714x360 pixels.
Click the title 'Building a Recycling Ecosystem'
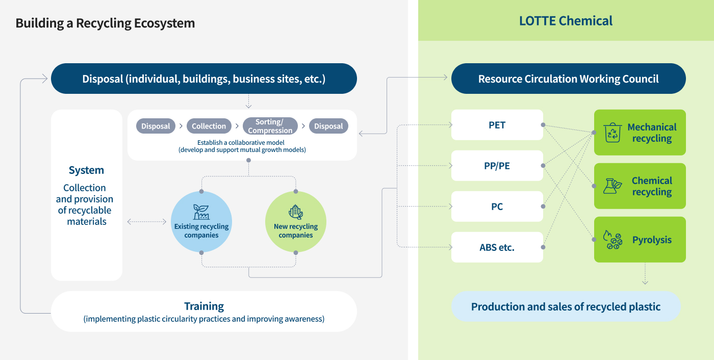[105, 23]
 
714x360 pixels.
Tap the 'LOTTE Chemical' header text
[566, 21]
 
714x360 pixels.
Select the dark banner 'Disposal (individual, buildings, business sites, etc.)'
[203, 79]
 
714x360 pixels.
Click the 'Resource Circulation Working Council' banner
[568, 79]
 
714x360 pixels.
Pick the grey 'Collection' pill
[209, 126]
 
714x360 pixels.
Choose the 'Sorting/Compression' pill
[270, 126]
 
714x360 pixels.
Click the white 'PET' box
[497, 125]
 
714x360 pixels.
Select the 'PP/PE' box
[497, 166]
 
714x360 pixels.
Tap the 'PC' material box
[497, 207]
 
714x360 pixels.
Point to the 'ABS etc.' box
[497, 247]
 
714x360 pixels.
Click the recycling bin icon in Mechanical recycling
[612, 133]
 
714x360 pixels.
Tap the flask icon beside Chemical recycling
[612, 186]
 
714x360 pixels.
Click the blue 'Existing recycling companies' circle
[201, 222]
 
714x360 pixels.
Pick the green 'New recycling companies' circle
[295, 222]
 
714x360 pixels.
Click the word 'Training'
[203, 306]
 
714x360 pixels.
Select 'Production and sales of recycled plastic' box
[566, 306]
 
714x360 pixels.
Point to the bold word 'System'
[86, 170]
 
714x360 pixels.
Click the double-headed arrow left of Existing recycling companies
[147, 222]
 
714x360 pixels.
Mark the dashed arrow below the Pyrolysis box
[645, 274]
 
